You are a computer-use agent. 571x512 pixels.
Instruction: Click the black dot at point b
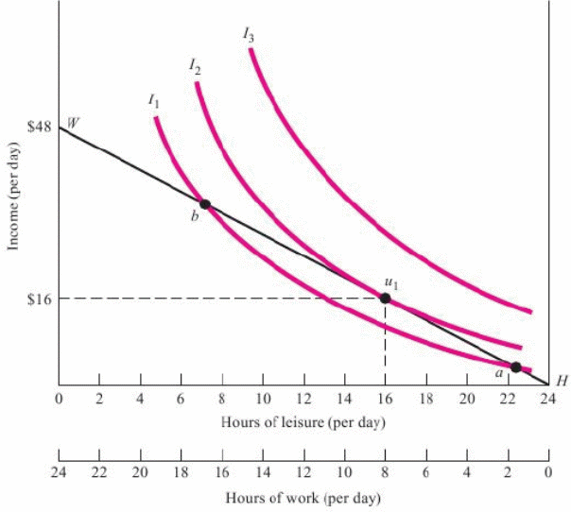[x=204, y=204]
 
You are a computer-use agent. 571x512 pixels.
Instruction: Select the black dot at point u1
[x=385, y=299]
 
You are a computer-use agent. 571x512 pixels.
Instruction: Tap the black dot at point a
[x=515, y=367]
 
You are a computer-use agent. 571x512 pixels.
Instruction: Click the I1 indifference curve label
[x=153, y=99]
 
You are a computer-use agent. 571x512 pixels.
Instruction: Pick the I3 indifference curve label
[x=248, y=36]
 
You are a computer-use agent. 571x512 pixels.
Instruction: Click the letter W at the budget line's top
[x=72, y=123]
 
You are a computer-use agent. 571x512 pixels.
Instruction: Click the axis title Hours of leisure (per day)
[x=303, y=422]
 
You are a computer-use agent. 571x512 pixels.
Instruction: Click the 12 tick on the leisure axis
[x=303, y=399]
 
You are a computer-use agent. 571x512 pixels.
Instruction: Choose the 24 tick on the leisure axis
[x=547, y=399]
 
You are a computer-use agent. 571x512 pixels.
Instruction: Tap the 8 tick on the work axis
[x=385, y=469]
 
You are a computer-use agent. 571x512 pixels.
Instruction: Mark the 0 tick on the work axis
[x=547, y=469]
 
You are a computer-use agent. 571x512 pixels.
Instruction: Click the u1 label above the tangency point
[x=389, y=282]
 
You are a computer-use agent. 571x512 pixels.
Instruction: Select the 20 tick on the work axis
[x=140, y=469]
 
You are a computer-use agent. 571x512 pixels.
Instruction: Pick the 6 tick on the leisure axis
[x=181, y=399]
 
